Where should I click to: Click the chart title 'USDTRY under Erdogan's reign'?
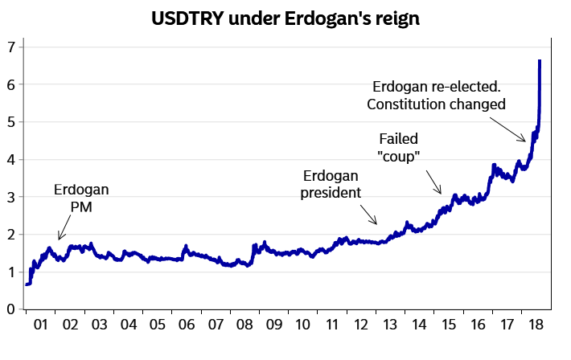click(x=285, y=18)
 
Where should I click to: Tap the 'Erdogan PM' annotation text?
click(x=81, y=198)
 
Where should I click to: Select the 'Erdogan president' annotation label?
click(x=331, y=184)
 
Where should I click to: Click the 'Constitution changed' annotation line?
click(x=436, y=104)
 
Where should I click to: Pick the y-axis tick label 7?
click(x=10, y=47)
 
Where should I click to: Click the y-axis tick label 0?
click(x=10, y=309)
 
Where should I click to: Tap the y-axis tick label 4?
click(x=10, y=159)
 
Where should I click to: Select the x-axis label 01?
click(x=41, y=325)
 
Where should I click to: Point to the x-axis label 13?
click(x=389, y=325)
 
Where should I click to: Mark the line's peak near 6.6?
click(x=540, y=61)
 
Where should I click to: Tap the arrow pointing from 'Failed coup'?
click(x=433, y=182)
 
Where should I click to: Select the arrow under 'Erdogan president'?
click(x=368, y=215)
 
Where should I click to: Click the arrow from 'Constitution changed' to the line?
click(x=511, y=131)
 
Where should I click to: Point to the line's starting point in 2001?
click(x=27, y=284)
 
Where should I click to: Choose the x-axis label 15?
click(x=447, y=325)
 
